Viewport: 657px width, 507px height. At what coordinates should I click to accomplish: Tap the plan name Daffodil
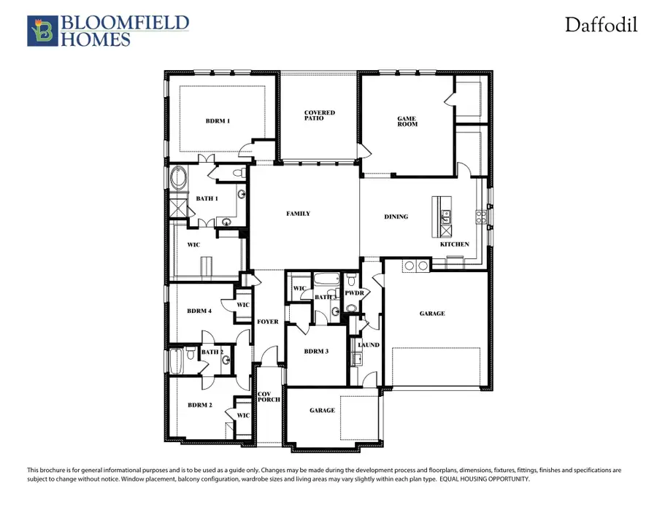pos(601,26)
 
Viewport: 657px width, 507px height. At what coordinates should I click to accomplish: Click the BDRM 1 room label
pos(218,121)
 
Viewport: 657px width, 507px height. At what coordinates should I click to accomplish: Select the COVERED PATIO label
pos(320,115)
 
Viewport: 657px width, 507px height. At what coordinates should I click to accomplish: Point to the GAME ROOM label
pos(407,121)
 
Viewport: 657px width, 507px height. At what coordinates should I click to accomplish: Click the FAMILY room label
pos(298,214)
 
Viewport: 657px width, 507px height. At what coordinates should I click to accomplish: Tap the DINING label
pos(396,217)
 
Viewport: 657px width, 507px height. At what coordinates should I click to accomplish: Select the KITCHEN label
pos(454,244)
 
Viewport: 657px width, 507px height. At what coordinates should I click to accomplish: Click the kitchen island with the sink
pos(442,216)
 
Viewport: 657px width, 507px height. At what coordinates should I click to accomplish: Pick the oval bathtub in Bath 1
pos(178,178)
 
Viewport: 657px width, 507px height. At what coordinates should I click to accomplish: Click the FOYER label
pos(267,322)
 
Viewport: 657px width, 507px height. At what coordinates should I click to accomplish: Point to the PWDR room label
pos(354,293)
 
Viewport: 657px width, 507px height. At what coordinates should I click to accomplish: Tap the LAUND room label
pos(368,345)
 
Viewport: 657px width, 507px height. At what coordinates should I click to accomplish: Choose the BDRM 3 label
pos(316,351)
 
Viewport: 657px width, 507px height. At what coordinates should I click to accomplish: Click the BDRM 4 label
pos(199,311)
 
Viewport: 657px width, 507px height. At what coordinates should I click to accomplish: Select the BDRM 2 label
pos(199,405)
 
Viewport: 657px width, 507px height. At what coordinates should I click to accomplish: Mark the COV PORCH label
pos(265,398)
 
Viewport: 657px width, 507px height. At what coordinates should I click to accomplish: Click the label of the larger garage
pos(432,314)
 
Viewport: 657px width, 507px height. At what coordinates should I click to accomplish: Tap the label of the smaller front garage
pos(322,411)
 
